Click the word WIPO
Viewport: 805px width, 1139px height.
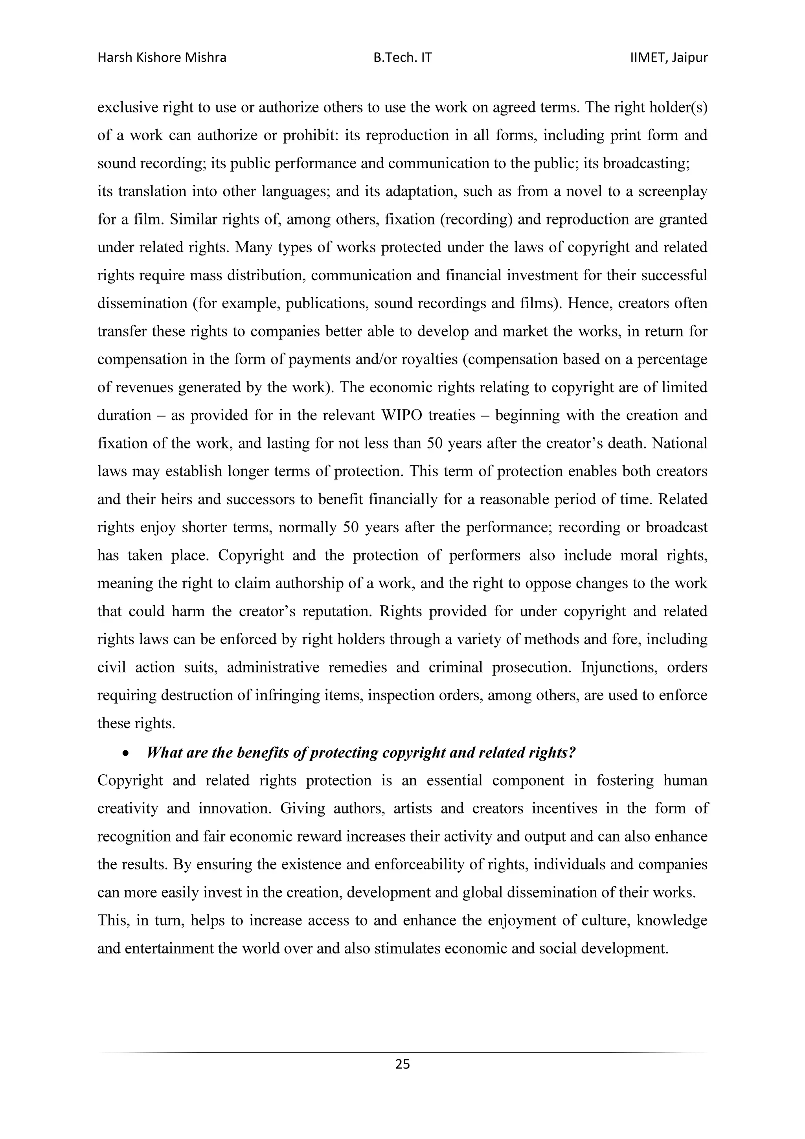[x=400, y=415]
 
